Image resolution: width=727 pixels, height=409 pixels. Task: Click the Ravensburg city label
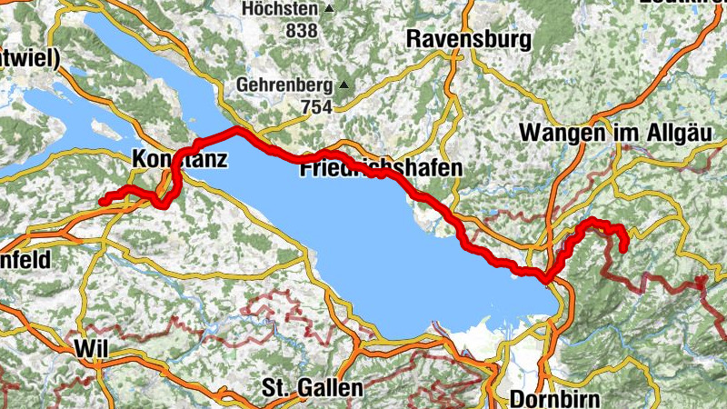[468, 40]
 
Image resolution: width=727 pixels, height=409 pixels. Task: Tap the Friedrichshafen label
[381, 168]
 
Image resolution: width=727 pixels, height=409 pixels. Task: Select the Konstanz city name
[178, 157]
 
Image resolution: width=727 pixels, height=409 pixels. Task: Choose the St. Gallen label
[312, 388]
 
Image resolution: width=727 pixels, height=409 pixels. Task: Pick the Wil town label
[92, 348]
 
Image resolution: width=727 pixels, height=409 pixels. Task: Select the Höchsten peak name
[281, 10]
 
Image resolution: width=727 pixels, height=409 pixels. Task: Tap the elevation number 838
[301, 31]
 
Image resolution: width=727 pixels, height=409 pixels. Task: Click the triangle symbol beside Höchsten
[329, 10]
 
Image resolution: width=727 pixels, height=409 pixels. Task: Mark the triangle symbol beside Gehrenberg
[345, 85]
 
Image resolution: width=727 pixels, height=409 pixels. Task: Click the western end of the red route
[102, 201]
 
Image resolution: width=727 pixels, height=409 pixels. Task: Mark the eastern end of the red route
[624, 248]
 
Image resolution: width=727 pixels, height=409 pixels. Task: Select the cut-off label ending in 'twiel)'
[29, 59]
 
